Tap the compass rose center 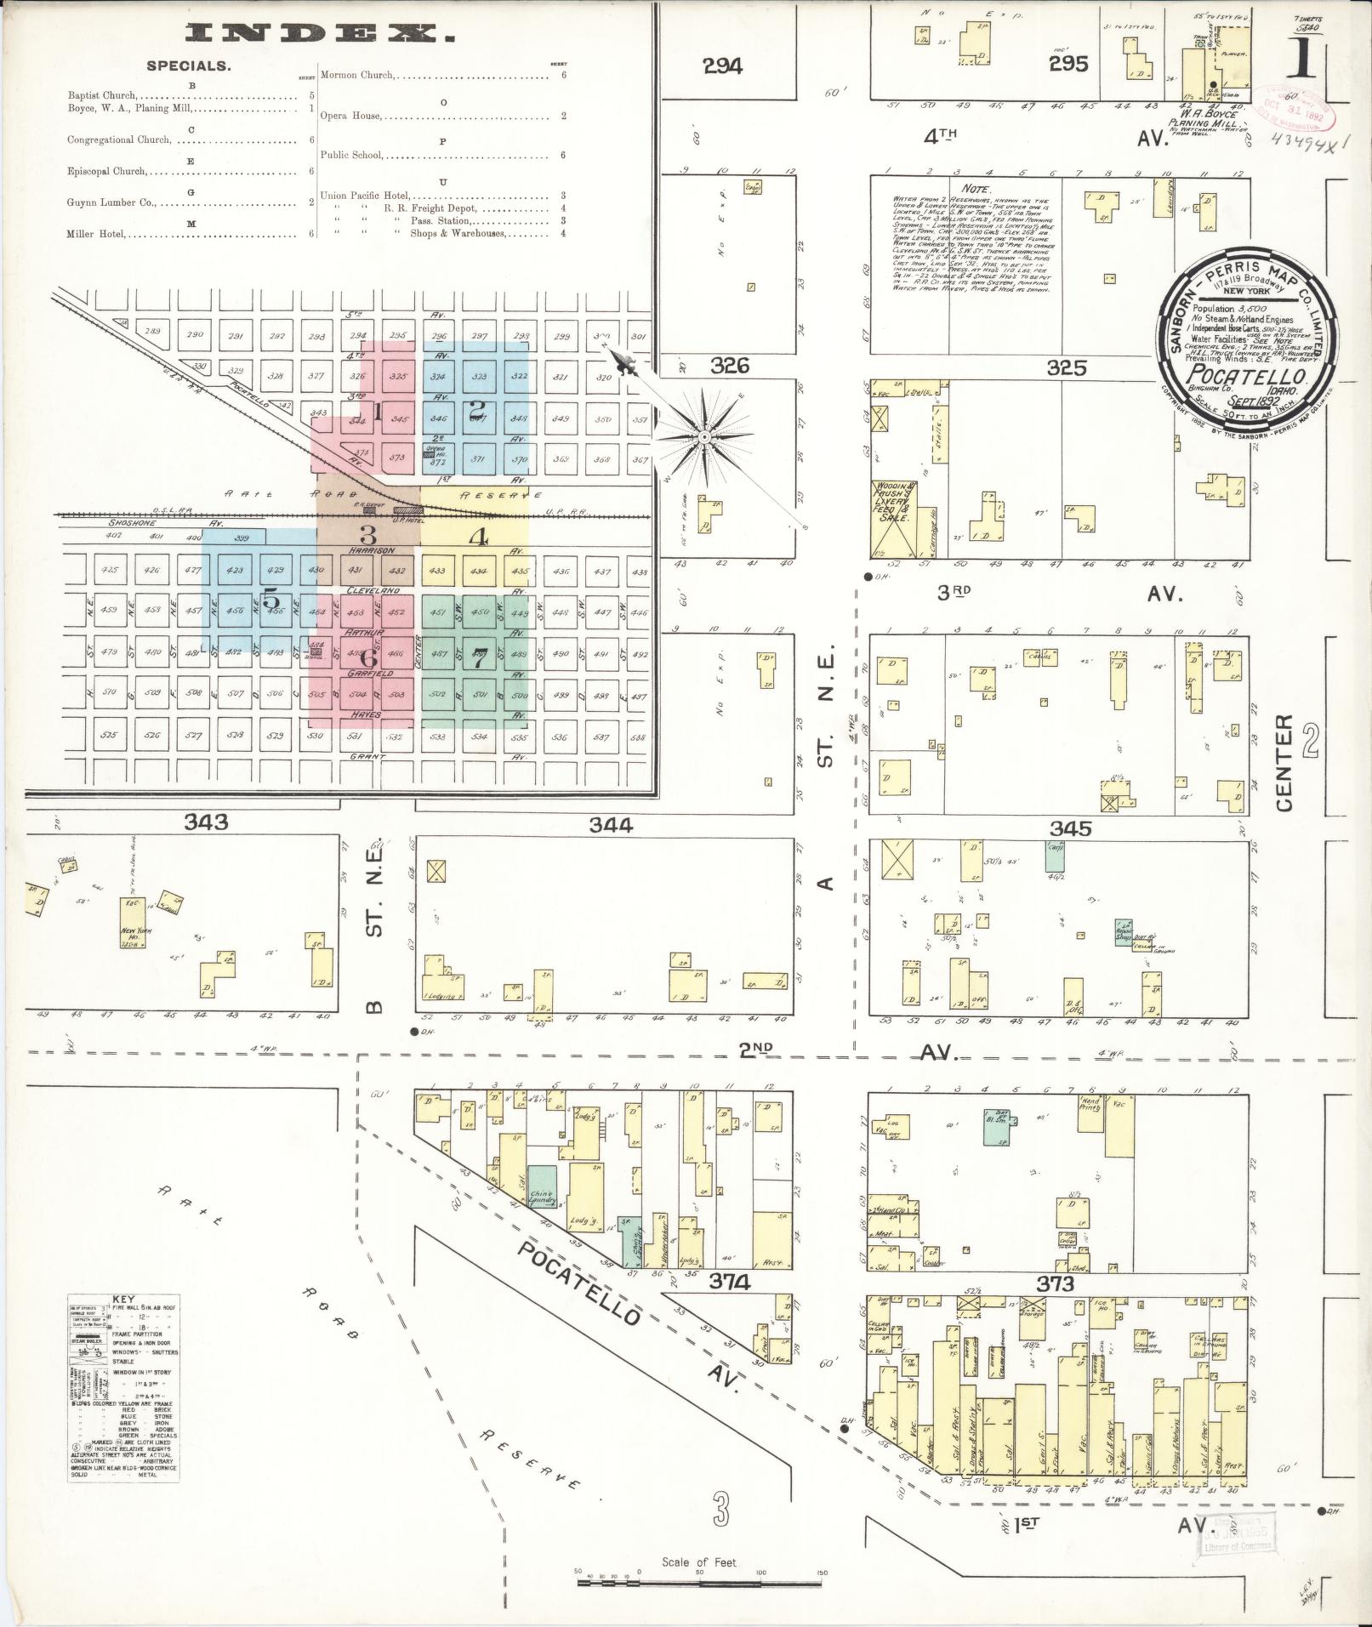(704, 437)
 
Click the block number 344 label (611, 824)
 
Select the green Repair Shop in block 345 (1124, 932)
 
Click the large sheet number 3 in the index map (367, 535)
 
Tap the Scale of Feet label (699, 1562)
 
